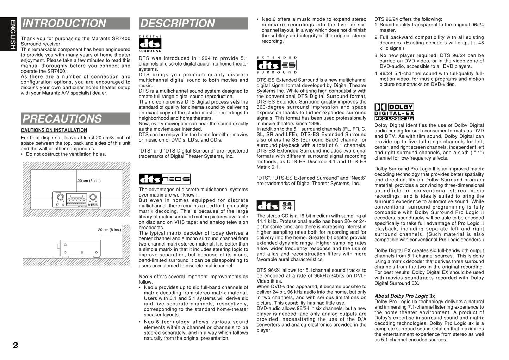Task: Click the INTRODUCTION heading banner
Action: point(75,24)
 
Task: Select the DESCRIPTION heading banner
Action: point(193,24)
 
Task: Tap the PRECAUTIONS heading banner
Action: point(75,119)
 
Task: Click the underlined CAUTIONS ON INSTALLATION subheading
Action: point(54,130)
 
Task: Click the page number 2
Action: point(15,345)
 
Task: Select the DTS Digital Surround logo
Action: point(150,44)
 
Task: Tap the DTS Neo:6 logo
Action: point(165,179)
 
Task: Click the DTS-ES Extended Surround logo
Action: point(277,65)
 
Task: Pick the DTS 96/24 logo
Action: point(276,205)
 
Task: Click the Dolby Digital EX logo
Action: point(394,112)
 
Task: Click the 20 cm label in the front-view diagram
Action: point(89,181)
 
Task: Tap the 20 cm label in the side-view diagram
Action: point(109,230)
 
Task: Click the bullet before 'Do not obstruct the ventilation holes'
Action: point(22,154)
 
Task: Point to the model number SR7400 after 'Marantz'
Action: point(122,38)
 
